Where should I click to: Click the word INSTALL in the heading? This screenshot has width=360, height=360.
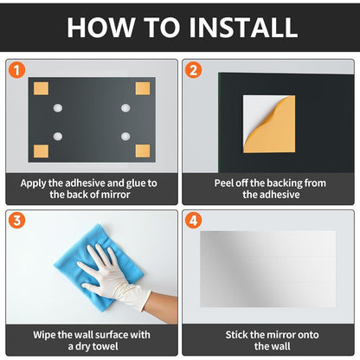coord(243,28)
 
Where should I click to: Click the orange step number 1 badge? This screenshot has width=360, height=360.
coord(16,70)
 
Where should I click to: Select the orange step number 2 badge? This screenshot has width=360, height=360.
coord(193,70)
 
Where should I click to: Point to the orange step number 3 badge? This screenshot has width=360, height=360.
coord(16,221)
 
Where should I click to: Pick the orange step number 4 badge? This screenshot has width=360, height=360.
coord(193,221)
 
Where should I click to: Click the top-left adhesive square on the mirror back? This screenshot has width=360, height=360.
coord(41,88)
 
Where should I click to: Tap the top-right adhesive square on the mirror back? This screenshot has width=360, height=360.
coord(143,88)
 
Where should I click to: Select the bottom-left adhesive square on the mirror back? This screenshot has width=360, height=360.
coord(41,151)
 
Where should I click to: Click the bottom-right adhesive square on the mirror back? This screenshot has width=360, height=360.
coord(143,151)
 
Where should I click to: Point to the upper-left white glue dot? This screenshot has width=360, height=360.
coord(58,108)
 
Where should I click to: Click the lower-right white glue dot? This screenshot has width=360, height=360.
coord(125,136)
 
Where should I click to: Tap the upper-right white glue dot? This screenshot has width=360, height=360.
coord(125,108)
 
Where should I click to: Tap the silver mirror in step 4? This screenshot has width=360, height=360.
coord(267,269)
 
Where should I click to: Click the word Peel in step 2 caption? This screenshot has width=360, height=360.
coord(224,183)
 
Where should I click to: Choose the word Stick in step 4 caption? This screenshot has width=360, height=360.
coord(237,335)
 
